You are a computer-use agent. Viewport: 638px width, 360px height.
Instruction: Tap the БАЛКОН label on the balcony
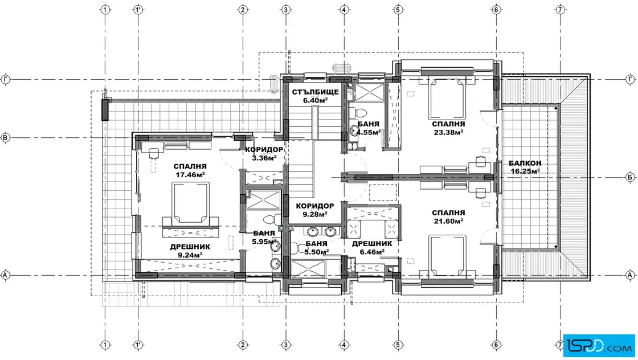tap(525, 163)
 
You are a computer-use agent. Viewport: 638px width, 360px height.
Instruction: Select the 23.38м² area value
tap(448, 132)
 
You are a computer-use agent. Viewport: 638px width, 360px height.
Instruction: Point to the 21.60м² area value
tap(448, 221)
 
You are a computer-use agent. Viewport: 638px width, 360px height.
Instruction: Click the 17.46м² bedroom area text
tap(190, 174)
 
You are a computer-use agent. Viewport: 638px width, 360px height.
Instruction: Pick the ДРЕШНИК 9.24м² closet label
tap(190, 251)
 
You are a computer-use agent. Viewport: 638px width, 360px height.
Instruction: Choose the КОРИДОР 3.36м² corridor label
tap(264, 154)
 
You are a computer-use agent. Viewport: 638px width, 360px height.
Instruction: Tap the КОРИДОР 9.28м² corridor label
tap(315, 210)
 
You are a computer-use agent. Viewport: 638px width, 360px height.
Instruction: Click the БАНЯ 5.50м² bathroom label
tap(316, 248)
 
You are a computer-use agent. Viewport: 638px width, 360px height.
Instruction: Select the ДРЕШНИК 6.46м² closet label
tap(372, 247)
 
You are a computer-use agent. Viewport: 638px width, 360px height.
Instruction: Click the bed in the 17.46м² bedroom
tap(190, 204)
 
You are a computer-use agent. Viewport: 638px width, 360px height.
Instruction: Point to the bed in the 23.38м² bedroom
tap(448, 96)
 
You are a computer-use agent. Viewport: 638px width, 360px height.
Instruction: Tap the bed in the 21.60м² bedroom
tap(448, 256)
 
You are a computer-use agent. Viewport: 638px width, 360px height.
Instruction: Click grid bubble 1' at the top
tap(138, 9)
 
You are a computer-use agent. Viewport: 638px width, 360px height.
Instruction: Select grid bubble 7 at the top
tap(561, 9)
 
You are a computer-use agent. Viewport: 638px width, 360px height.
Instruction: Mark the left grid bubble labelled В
tap(5, 137)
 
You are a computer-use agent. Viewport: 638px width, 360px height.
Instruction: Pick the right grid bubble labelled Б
tap(630, 177)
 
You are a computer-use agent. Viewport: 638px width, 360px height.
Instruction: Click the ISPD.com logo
tap(599, 346)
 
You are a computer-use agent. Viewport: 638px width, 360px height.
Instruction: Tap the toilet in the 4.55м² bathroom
tap(354, 112)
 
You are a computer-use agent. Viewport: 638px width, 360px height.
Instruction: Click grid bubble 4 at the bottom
tap(344, 345)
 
